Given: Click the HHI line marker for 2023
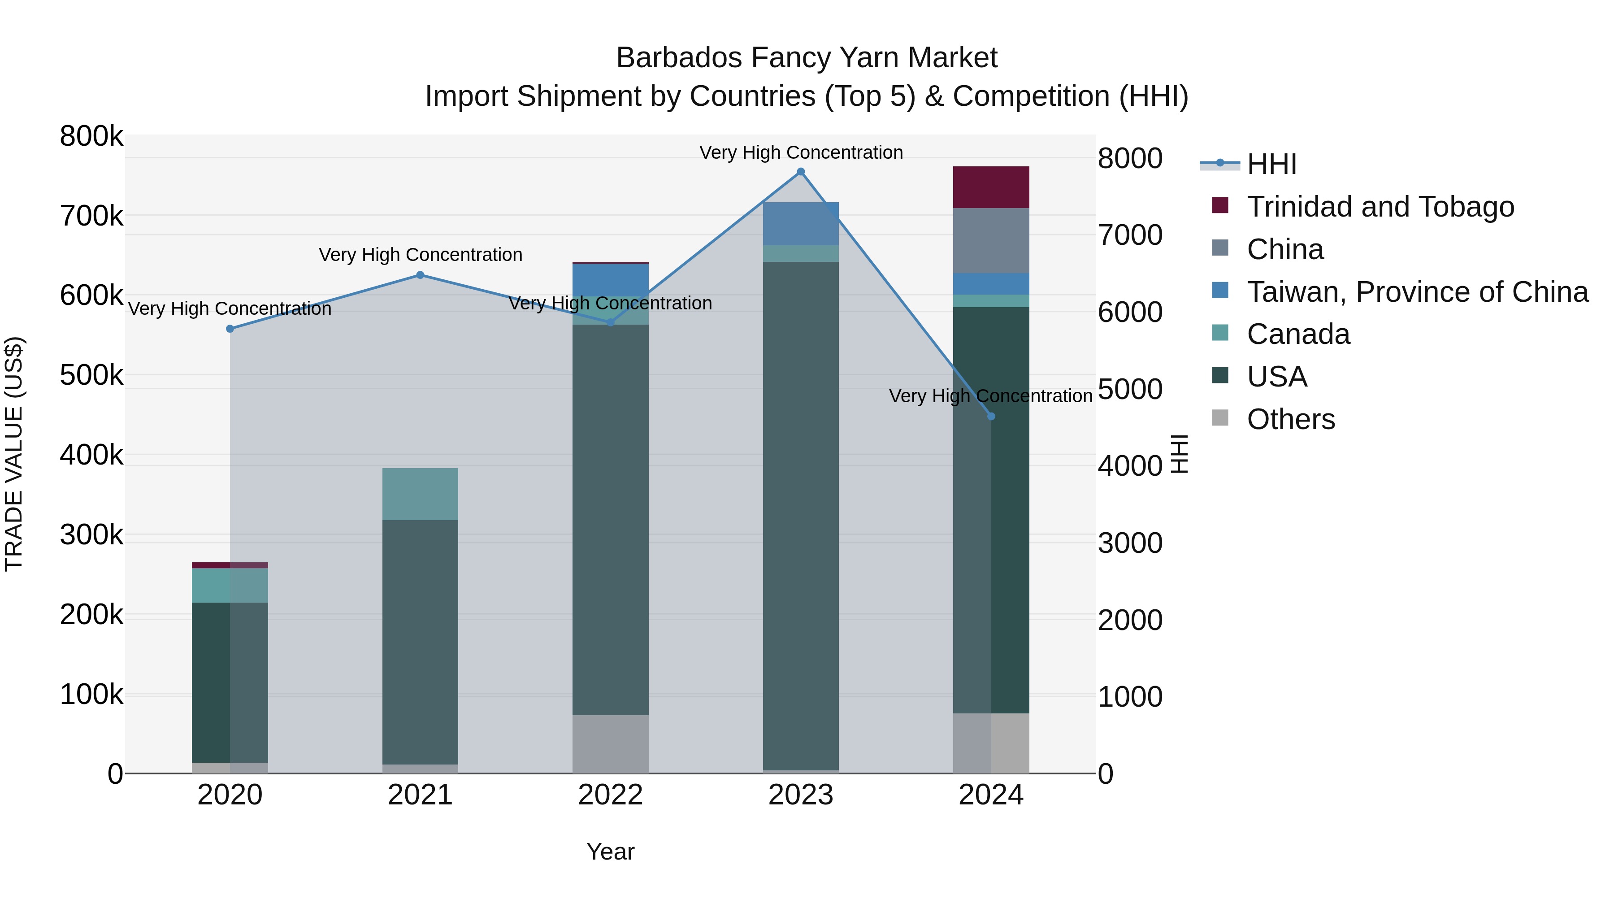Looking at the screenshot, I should point(801,172).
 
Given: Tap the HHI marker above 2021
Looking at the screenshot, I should point(421,275).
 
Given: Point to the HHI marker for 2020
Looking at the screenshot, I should point(230,329).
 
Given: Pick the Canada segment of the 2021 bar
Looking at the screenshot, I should point(421,494).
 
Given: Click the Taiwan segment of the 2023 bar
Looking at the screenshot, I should point(801,224).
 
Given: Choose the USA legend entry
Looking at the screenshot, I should point(1276,377).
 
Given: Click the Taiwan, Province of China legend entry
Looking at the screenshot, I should point(1417,292).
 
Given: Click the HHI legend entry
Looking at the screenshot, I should point(1271,164).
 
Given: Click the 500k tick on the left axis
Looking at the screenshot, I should point(91,375).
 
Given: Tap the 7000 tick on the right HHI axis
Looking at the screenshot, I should point(1130,235).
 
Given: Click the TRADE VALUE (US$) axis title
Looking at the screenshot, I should point(14,454).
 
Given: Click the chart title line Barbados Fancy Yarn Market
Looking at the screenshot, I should point(807,58).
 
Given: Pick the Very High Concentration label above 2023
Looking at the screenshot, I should point(801,152).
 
